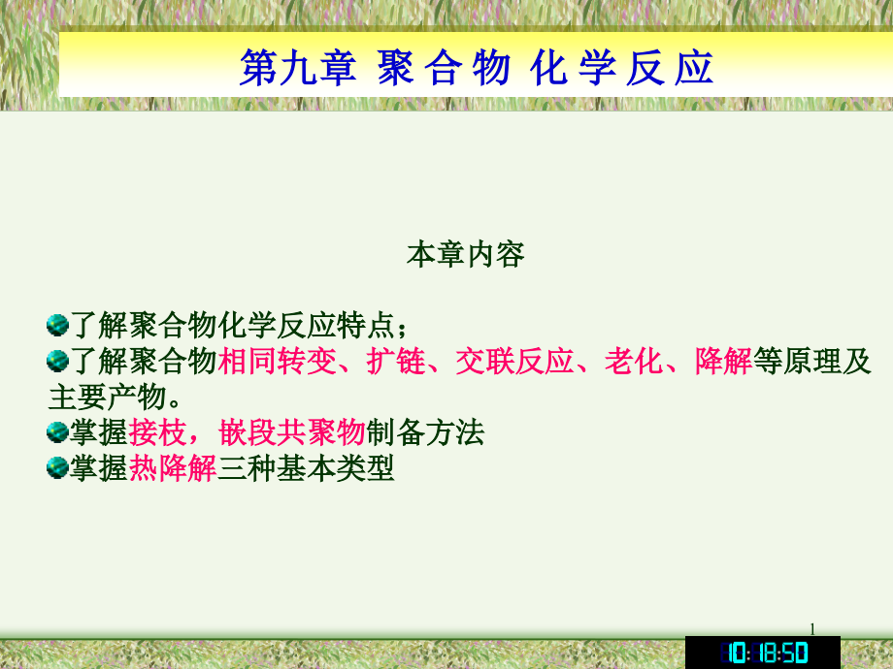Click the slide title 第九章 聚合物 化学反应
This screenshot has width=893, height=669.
pyautogui.click(x=476, y=69)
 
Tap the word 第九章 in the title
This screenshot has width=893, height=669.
pyautogui.click(x=297, y=69)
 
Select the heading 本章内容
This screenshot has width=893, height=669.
pyautogui.click(x=465, y=255)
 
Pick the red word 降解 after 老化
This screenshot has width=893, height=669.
pyautogui.click(x=723, y=363)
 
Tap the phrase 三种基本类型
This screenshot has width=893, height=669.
pyautogui.click(x=306, y=468)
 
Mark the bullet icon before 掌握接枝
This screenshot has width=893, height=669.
pyautogui.click(x=57, y=431)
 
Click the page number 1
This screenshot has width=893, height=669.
pyautogui.click(x=812, y=629)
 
